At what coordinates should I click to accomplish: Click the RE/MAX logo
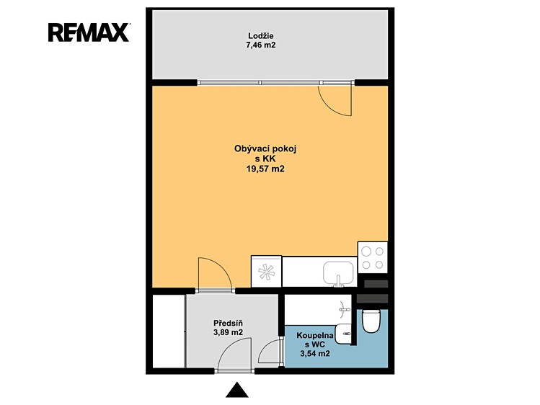[x=89, y=32]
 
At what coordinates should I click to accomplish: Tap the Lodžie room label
[x=261, y=36]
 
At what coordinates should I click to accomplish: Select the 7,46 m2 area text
[x=261, y=45]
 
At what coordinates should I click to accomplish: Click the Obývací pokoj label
[x=265, y=149]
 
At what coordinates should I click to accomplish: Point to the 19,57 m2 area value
[x=265, y=169]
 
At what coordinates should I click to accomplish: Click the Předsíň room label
[x=228, y=324]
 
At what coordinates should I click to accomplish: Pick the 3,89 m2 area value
[x=228, y=332]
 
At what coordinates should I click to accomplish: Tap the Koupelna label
[x=315, y=336]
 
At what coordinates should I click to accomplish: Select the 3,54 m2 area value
[x=315, y=353]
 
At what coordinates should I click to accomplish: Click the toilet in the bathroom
[x=371, y=321]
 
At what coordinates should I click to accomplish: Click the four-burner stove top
[x=373, y=257]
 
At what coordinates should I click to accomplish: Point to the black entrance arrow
[x=237, y=390]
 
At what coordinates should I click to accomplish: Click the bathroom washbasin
[x=342, y=334]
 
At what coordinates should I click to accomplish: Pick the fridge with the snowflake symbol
[x=267, y=271]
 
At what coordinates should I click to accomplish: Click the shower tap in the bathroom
[x=345, y=309]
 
